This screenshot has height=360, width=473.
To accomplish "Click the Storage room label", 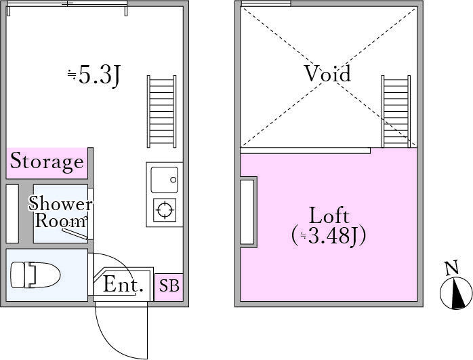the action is click(x=47, y=161).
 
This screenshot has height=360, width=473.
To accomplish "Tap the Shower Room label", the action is click(x=60, y=212).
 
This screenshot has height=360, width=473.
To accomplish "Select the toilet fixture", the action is click(x=35, y=275).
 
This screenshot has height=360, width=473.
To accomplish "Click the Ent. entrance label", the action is click(x=123, y=285).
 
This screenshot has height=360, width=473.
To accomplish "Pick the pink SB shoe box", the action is click(x=169, y=287).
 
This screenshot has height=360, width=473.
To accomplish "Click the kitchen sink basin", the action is click(x=164, y=180).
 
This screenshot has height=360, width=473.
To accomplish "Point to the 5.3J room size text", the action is click(x=94, y=75).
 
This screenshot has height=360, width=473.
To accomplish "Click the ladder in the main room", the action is click(x=162, y=112).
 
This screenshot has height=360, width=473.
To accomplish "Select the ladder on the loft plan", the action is click(x=396, y=112).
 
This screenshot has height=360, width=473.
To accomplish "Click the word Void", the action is click(x=328, y=74).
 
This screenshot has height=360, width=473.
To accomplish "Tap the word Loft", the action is click(x=329, y=216).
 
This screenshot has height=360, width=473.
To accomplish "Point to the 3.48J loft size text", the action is click(x=329, y=235).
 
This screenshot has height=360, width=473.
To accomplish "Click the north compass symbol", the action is click(x=456, y=294).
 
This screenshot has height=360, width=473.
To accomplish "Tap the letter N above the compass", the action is click(x=452, y=267).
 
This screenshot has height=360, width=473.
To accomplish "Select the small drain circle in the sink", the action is click(x=173, y=180).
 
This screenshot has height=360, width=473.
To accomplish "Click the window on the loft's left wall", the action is click(x=247, y=212).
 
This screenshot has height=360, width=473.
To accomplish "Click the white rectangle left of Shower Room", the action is click(x=12, y=214).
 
